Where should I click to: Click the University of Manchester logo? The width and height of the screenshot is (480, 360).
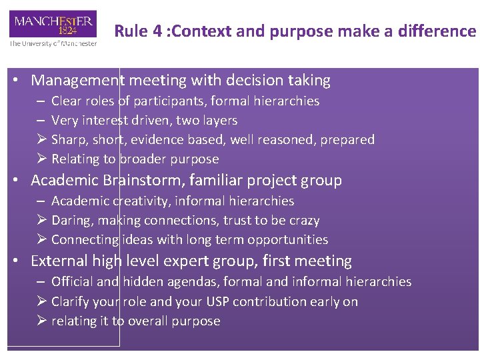tap(53, 28)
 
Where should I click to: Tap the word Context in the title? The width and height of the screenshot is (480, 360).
tap(203, 31)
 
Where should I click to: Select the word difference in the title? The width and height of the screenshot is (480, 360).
tap(439, 31)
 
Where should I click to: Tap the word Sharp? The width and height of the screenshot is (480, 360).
tap(69, 140)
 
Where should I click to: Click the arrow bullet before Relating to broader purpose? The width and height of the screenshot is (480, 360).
tap(42, 159)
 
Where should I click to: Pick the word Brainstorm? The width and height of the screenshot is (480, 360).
tap(137, 181)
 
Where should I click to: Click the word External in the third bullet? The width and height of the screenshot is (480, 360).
tap(59, 261)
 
